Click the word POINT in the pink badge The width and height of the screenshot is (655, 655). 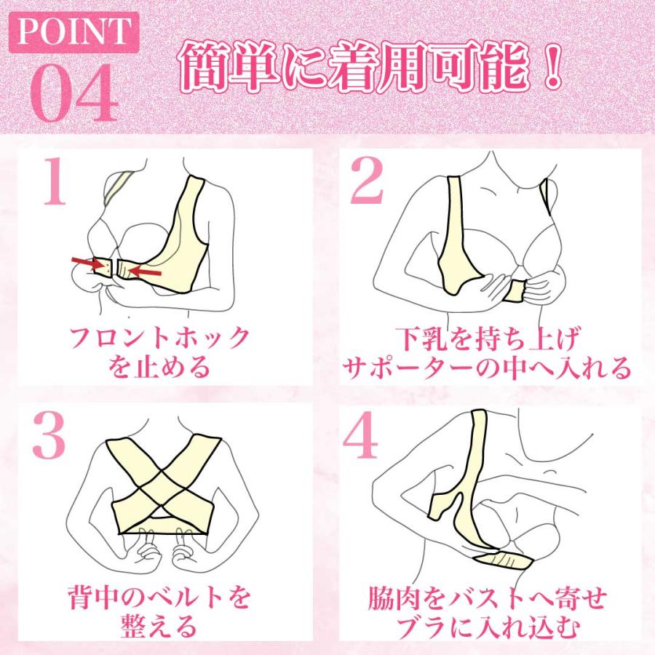point(71,32)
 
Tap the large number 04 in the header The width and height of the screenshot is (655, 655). point(73,95)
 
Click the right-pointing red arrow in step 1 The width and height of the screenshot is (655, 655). point(87,262)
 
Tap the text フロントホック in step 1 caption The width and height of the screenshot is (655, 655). point(160,338)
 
